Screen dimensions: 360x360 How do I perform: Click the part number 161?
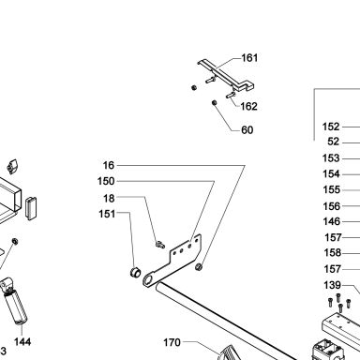(249, 58)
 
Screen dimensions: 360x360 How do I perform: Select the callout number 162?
(249, 106)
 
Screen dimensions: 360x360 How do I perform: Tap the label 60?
(247, 130)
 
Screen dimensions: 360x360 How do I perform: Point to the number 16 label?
(109, 165)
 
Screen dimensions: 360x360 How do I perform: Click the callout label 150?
(106, 181)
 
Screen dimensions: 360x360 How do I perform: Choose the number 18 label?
(109, 198)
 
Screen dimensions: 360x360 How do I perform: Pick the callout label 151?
(107, 214)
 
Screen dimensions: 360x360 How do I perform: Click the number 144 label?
(22, 341)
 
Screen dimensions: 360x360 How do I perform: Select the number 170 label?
(172, 342)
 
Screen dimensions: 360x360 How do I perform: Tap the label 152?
(331, 127)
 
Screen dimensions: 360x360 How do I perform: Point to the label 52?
(334, 142)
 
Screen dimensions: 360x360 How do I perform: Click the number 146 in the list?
(331, 221)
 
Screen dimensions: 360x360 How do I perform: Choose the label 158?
(333, 252)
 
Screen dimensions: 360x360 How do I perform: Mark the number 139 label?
(332, 285)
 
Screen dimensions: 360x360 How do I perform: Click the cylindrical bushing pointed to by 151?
(135, 272)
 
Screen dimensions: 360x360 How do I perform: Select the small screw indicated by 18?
(160, 244)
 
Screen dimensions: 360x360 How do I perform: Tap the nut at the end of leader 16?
(199, 267)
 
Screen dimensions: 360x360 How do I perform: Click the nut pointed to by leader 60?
(215, 102)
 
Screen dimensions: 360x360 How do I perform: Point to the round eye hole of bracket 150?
(148, 280)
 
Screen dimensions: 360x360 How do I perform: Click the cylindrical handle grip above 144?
(16, 307)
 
